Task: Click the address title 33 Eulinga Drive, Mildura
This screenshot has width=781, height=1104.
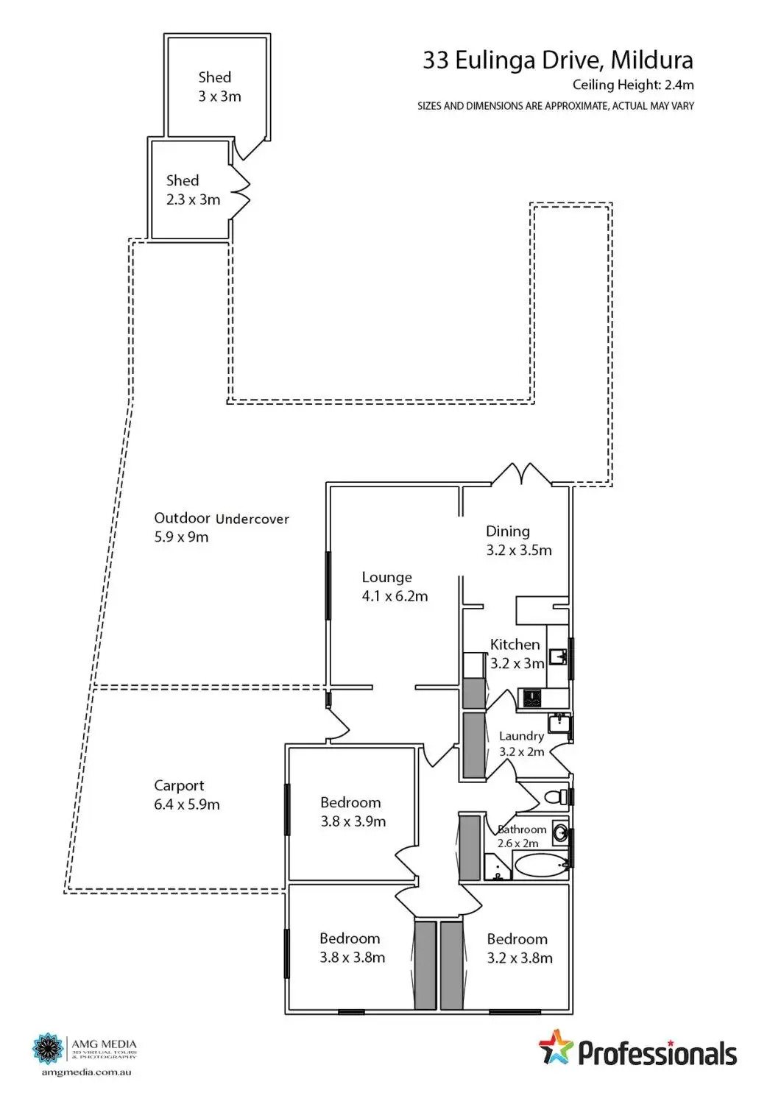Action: [x=557, y=60]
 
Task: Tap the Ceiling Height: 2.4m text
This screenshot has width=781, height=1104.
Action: [x=632, y=85]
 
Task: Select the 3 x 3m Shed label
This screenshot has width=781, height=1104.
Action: [x=219, y=87]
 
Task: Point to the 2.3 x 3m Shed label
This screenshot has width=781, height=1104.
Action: [x=193, y=190]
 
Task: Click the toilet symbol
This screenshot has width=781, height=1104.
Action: [x=554, y=796]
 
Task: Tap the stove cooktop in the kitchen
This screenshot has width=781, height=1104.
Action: [x=531, y=698]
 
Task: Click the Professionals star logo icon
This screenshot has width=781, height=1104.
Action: [x=556, y=1048]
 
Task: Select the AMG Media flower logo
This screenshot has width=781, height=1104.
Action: [x=49, y=1048]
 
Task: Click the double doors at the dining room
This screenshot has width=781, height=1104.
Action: [x=522, y=474]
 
